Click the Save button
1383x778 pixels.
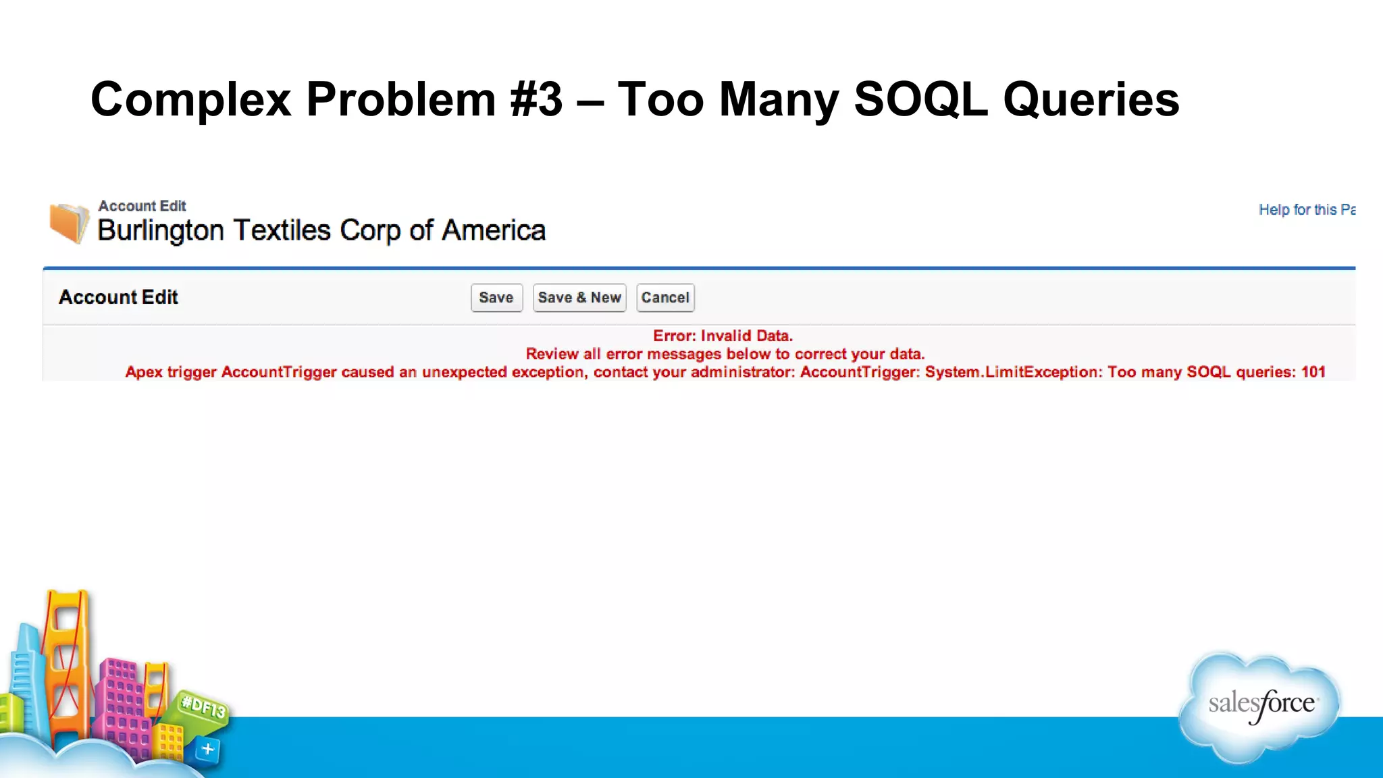[x=496, y=298]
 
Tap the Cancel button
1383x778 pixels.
[x=665, y=298]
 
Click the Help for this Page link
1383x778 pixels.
[x=1306, y=209]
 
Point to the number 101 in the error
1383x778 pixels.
[x=1313, y=372]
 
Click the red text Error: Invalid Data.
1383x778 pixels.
[x=723, y=336]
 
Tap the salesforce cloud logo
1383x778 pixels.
[x=1261, y=706]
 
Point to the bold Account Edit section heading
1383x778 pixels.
[x=118, y=297]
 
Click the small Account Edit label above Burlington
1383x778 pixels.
[x=142, y=206]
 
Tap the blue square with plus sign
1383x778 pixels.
[x=207, y=749]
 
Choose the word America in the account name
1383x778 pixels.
[x=494, y=231]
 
